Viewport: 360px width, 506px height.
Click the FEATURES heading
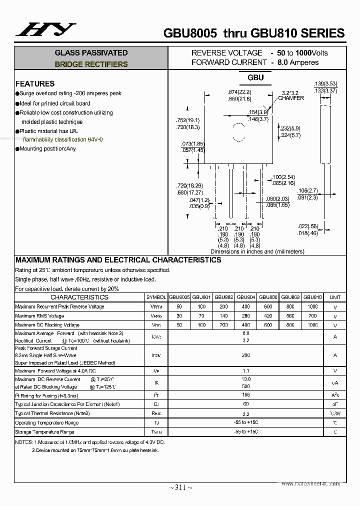pyautogui.click(x=35, y=83)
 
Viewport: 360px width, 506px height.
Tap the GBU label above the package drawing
pyautogui.click(x=255, y=78)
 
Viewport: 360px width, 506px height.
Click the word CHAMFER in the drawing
pyautogui.click(x=291, y=98)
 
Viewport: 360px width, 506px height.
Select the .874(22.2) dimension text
pyautogui.click(x=239, y=92)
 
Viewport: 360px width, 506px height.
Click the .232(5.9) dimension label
pyautogui.click(x=290, y=128)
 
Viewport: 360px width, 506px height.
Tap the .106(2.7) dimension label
pyautogui.click(x=307, y=190)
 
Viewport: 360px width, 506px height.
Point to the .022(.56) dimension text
pyautogui.click(x=307, y=226)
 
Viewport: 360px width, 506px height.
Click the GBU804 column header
pyautogui.click(x=245, y=297)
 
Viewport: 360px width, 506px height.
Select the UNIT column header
pyautogui.click(x=335, y=297)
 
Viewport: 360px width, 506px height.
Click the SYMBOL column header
pyautogui.click(x=156, y=297)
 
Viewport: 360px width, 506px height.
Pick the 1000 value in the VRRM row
pyautogui.click(x=312, y=306)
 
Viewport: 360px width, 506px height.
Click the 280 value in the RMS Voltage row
pyautogui.click(x=245, y=316)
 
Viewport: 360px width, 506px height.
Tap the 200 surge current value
pyautogui.click(x=245, y=355)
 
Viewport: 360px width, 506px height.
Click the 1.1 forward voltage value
pyautogui.click(x=245, y=370)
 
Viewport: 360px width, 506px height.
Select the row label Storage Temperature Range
pyautogui.click(x=44, y=431)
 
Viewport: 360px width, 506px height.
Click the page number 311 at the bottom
pyautogui.click(x=180, y=487)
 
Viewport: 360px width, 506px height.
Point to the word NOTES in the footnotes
pyautogui.click(x=23, y=442)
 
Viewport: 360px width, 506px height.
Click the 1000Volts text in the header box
pyautogui.click(x=311, y=52)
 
